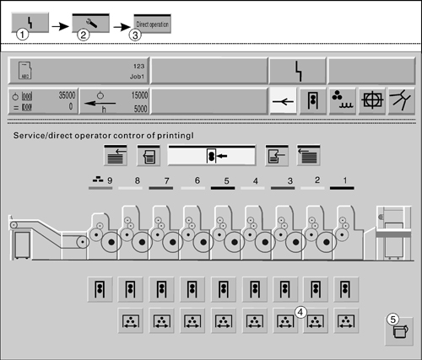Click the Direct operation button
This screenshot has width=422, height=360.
coord(152,24)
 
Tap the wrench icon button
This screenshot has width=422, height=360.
coord(90,23)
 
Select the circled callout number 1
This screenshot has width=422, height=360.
coord(22,35)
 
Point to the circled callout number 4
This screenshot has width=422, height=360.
coord(300,312)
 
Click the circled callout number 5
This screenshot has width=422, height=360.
coord(392,320)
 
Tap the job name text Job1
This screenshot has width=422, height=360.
coord(137,77)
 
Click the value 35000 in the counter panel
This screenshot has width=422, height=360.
coord(67,95)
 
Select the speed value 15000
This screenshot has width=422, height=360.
coord(139,95)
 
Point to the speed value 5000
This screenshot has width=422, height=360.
coord(141,109)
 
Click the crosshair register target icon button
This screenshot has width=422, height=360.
coord(372,100)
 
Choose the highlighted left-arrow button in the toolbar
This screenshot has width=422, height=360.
coord(284,100)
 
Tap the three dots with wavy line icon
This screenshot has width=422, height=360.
coord(343,100)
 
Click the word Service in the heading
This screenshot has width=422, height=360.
coord(30,136)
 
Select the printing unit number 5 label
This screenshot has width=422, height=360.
coord(226,180)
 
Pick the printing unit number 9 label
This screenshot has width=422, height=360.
coord(110,180)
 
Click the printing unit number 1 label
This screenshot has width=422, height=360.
coord(345,180)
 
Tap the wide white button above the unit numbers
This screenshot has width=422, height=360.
coord(212,155)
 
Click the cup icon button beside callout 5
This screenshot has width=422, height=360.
coord(399,331)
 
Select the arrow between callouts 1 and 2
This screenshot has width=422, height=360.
coord(60,27)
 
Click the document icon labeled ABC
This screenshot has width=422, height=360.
coord(24,70)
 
